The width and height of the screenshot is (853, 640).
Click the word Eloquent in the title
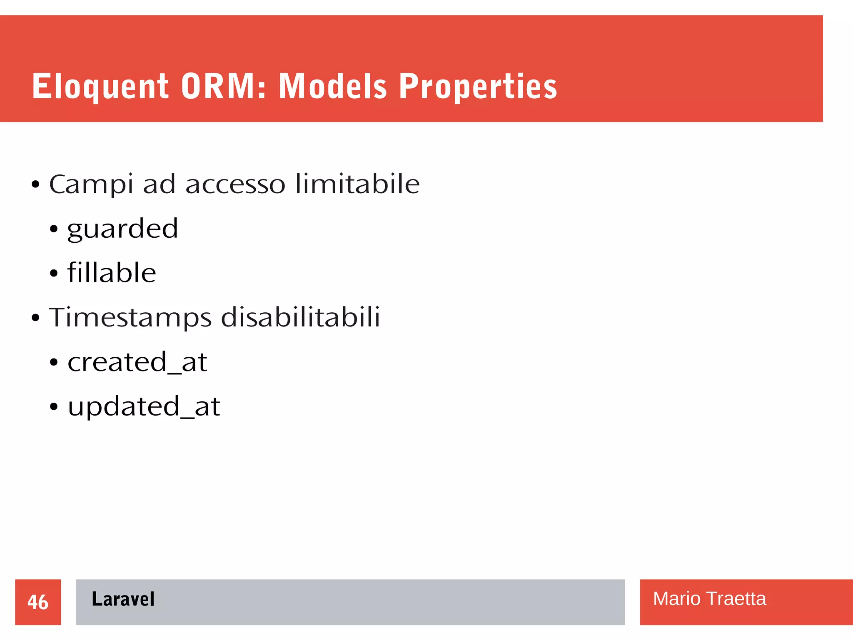pos(100,86)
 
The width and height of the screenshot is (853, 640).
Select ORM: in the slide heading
pos(223,86)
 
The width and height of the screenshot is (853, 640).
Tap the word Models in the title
pos(333,86)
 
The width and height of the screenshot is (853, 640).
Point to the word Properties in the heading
pos(478,86)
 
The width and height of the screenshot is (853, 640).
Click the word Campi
pos(91,184)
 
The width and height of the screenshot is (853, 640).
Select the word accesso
pos(235,184)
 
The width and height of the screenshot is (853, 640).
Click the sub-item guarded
pos(122,229)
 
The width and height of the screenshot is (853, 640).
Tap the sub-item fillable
pos(112,273)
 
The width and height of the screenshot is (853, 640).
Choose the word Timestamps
pos(130,318)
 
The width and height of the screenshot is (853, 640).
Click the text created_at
pos(137,362)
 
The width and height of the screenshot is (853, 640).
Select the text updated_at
pos(144,406)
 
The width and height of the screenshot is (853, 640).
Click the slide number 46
pos(38,602)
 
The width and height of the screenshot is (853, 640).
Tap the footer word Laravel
pos(123,599)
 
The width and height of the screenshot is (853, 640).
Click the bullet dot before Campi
pos(35,184)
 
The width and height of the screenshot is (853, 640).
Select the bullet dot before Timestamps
pos(35,318)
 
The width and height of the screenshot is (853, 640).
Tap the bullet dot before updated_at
pos(54,407)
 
